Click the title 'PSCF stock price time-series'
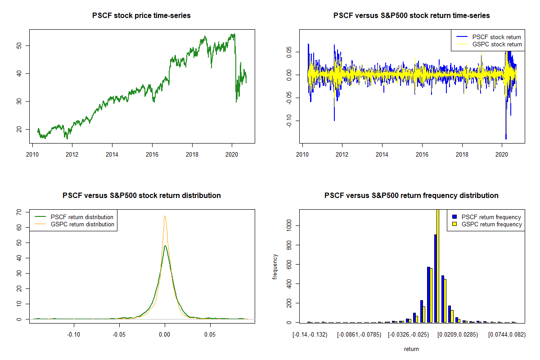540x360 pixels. [141, 16]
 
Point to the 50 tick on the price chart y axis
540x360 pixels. [21, 45]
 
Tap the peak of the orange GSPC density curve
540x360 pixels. [165, 216]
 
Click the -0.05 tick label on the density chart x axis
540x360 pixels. [119, 335]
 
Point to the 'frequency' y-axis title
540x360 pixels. [275, 266]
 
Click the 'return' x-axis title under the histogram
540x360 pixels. [411, 349]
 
